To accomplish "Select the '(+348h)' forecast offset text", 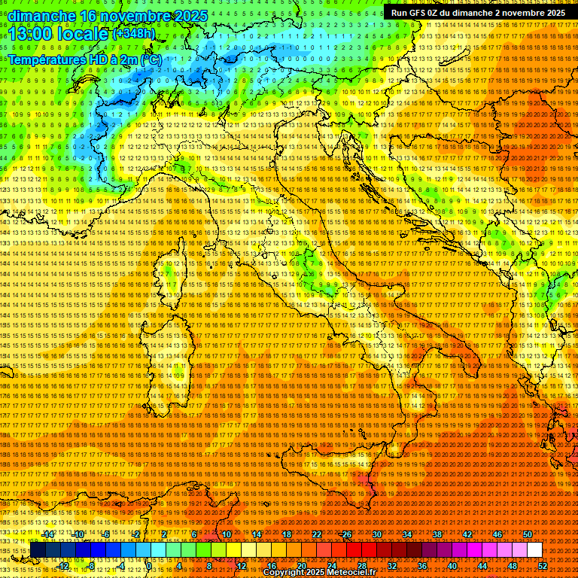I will click(x=135, y=34).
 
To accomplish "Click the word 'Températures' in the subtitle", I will click(x=46, y=59).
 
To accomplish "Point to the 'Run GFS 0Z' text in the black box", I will click(x=416, y=13).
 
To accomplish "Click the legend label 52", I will click(x=543, y=565).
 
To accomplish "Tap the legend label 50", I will click(x=528, y=534).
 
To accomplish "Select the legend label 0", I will click(x=150, y=565).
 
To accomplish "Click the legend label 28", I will click(x=361, y=565).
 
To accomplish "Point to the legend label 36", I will click(x=421, y=565).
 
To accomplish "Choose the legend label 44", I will click(x=482, y=565).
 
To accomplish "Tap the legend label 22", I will click(x=317, y=534).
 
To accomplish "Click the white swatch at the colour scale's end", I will click(x=534, y=550).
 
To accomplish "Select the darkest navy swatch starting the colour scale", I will click(x=38, y=550).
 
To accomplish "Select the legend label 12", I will click(x=241, y=565).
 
